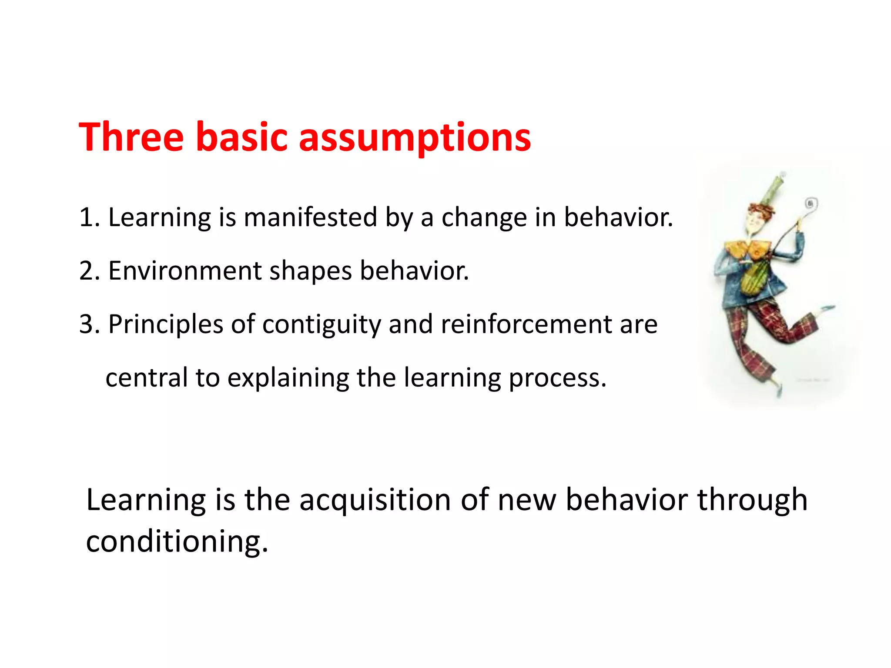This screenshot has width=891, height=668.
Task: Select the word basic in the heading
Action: (x=242, y=137)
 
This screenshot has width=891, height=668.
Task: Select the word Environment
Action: (x=184, y=271)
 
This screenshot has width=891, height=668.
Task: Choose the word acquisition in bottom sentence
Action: (x=375, y=500)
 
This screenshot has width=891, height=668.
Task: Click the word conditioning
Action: (x=176, y=541)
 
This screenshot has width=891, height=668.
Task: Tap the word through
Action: (x=752, y=500)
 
